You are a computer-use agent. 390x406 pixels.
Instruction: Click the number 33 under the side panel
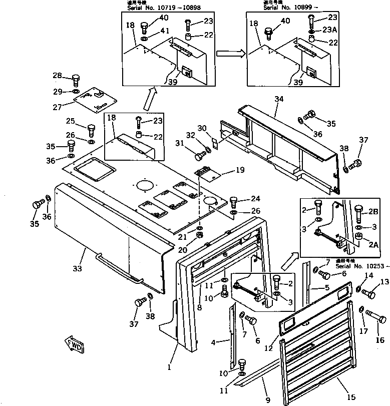pyautogui.click(x=77, y=269)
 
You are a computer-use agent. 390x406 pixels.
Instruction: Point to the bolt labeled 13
pyautogui.click(x=367, y=294)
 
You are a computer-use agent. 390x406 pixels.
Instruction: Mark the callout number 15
pyautogui.click(x=351, y=397)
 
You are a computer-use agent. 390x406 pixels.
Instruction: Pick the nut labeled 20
pyautogui.click(x=199, y=235)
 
